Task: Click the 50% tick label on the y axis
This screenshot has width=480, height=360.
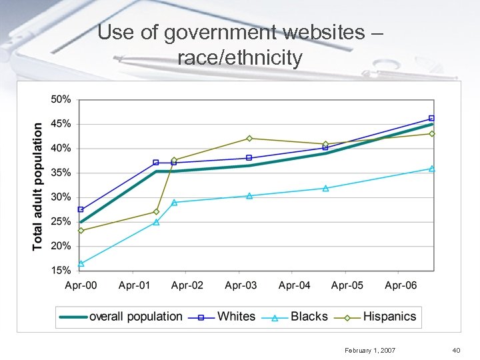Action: click(61, 99)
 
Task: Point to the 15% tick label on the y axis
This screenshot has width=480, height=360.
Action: click(61, 271)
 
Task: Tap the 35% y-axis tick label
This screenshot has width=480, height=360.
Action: click(61, 173)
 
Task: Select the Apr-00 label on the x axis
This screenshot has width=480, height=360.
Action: click(81, 285)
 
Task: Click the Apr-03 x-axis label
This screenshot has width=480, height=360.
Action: click(241, 285)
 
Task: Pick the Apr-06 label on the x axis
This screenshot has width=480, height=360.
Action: click(401, 285)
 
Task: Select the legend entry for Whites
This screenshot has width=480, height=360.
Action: click(236, 317)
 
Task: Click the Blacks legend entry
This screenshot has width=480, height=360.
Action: click(309, 317)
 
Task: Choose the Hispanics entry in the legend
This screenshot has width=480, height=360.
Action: click(389, 317)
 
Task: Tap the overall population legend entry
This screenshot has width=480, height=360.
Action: click(135, 317)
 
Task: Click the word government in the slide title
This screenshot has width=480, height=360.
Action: click(228, 32)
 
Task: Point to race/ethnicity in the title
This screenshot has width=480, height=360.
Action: click(240, 57)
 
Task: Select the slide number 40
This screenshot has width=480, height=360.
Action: click(456, 349)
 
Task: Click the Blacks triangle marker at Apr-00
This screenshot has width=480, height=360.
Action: click(81, 263)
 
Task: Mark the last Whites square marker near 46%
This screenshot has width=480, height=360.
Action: click(431, 118)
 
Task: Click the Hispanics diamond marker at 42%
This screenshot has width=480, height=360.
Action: click(249, 138)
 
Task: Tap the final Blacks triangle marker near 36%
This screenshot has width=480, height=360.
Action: click(431, 169)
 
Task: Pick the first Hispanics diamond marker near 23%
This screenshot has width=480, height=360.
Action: click(81, 231)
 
